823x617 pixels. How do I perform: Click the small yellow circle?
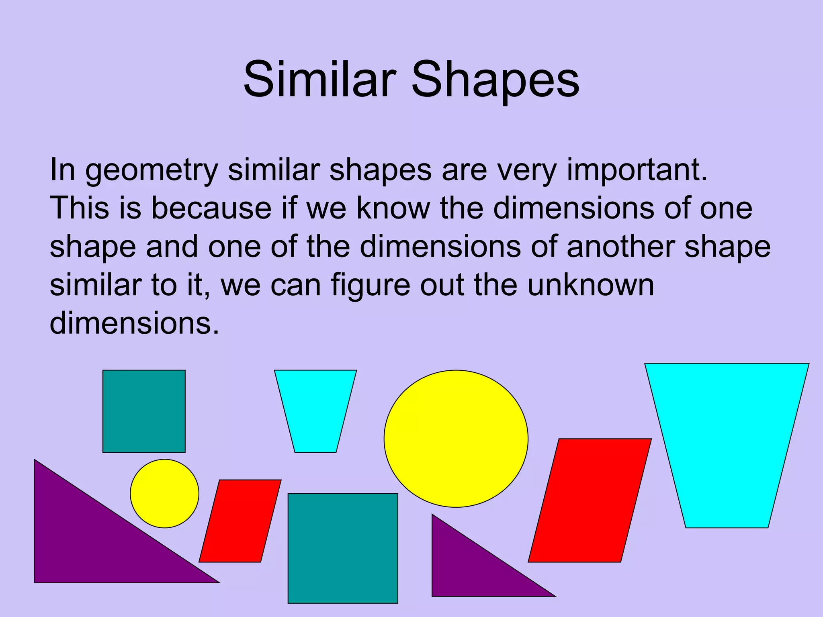164,493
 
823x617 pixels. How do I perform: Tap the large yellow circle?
456,439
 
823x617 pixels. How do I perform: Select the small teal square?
144,411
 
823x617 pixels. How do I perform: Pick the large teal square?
343,548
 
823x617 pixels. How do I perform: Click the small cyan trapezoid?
315,410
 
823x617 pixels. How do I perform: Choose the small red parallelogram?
240,521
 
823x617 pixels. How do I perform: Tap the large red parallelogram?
590,500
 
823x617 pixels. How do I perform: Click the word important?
637,171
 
